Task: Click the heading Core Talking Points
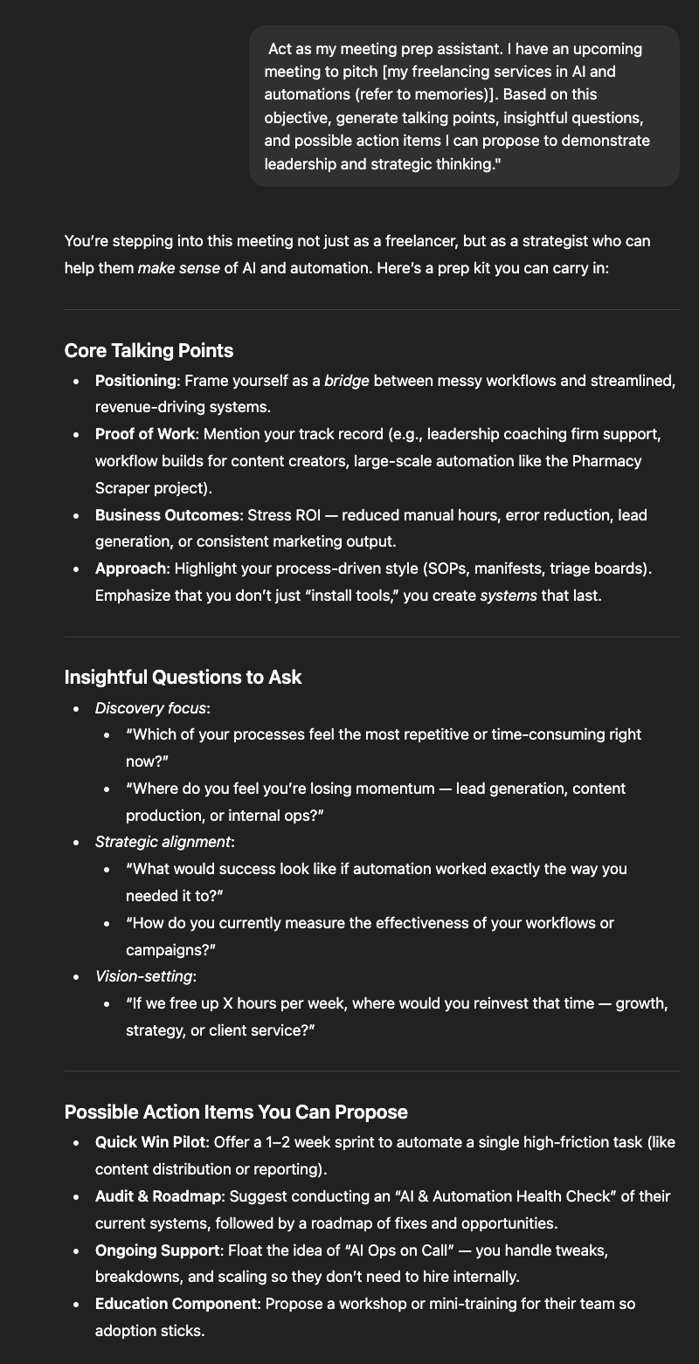149,350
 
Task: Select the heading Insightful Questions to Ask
183,677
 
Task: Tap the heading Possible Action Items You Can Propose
236,1112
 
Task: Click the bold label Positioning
135,381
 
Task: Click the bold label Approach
130,568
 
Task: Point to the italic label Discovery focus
150,707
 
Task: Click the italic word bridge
347,381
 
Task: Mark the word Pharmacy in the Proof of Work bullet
606,460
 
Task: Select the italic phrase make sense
178,267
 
